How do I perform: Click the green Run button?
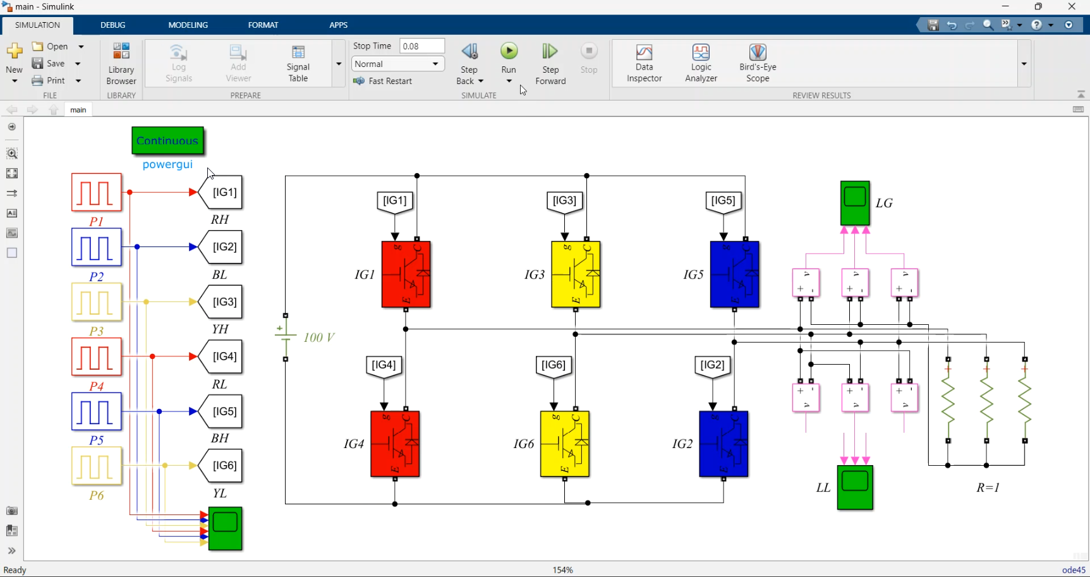[x=509, y=51]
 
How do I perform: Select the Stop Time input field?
[x=422, y=46]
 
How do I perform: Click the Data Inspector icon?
[x=644, y=52]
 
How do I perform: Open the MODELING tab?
[x=188, y=25]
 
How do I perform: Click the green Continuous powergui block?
[x=167, y=140]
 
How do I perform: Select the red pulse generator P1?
[x=96, y=192]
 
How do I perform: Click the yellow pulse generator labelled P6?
[x=96, y=466]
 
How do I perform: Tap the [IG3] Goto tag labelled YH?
[x=221, y=302]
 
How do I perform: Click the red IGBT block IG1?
[x=406, y=274]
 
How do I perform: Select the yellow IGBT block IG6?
[x=565, y=444]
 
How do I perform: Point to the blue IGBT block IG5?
[x=734, y=274]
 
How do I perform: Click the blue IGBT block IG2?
[x=724, y=444]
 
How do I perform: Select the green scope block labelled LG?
[x=855, y=203]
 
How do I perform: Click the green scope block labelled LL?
[x=855, y=487]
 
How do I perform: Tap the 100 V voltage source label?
[x=319, y=337]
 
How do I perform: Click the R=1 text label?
[x=988, y=487]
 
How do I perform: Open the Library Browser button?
[x=121, y=63]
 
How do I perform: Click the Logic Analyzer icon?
[x=701, y=63]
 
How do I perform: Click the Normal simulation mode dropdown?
[x=397, y=64]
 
